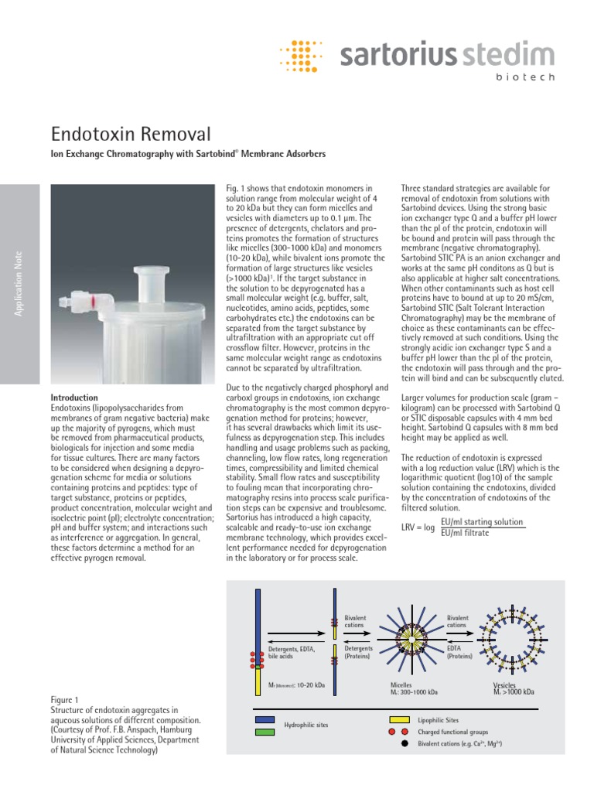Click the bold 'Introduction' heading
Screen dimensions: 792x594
(73, 397)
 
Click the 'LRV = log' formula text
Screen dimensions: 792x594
(418, 527)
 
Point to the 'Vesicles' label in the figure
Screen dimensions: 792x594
(505, 684)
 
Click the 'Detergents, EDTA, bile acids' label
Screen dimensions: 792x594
(291, 652)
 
